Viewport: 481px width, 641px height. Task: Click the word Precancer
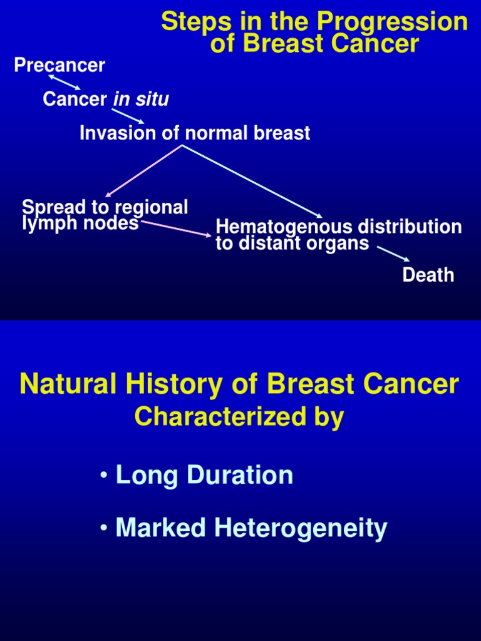(x=59, y=65)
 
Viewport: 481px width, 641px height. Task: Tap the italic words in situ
(x=141, y=99)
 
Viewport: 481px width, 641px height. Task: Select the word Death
(x=428, y=275)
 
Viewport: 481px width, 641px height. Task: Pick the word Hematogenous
(x=284, y=226)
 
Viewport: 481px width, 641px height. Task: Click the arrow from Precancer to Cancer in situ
(x=65, y=83)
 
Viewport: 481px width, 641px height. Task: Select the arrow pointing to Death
(x=393, y=254)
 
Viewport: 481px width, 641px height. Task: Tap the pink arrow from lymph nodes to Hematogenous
(x=176, y=228)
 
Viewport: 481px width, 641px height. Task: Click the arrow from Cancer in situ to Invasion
(x=128, y=116)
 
